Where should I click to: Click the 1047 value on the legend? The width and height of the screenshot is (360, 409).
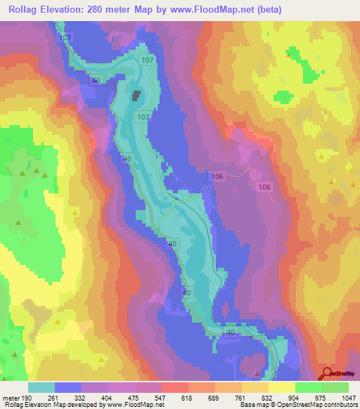tap(347, 397)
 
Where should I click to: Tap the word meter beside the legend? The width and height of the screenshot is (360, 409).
tap(11, 397)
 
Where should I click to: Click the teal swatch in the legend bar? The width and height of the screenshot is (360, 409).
tap(41, 387)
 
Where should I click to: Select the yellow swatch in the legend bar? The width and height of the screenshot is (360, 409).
tap(281, 387)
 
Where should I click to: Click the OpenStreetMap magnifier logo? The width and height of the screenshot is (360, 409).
tap(326, 374)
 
